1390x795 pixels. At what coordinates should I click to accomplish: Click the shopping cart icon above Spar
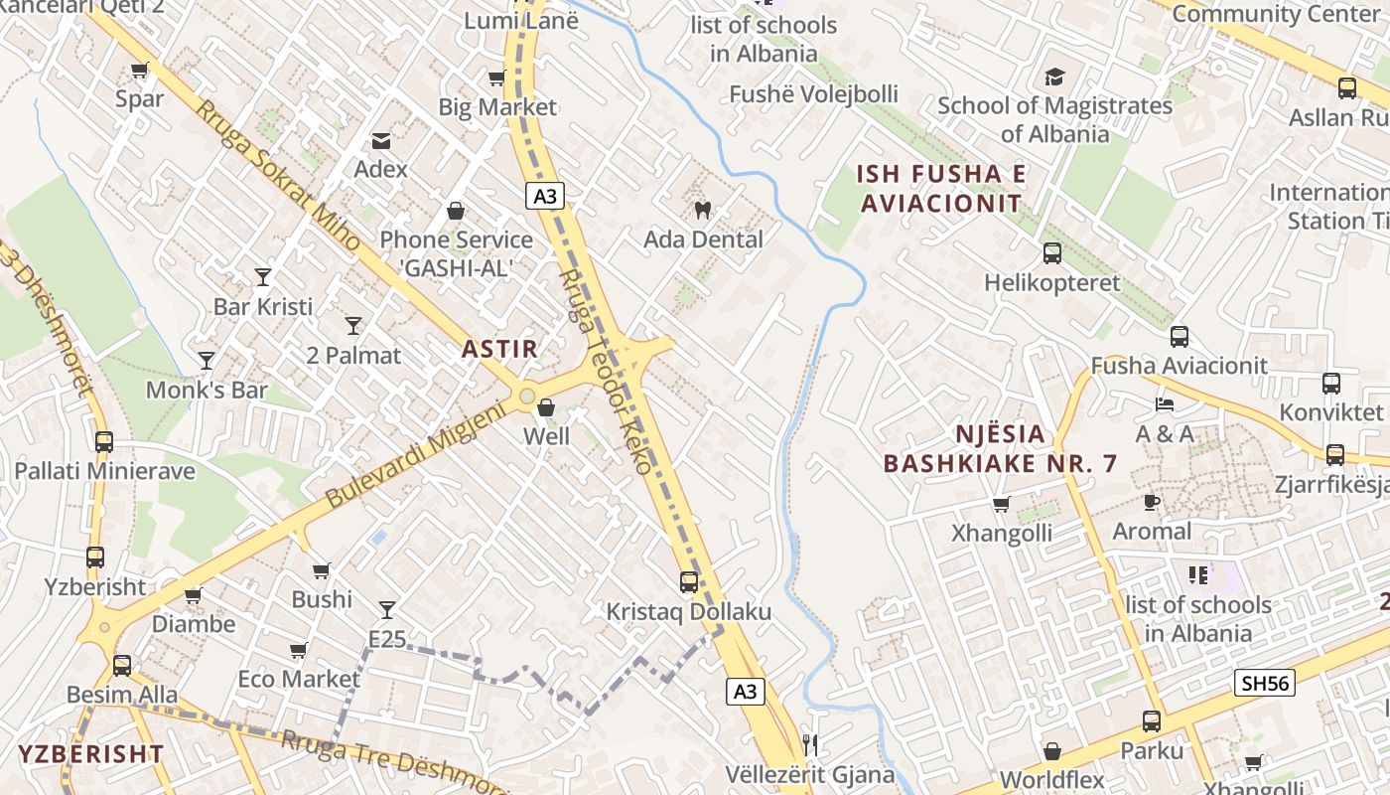coord(139,71)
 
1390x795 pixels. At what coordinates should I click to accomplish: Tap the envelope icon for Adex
coord(381,140)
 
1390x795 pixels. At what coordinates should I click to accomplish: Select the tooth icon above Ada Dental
coord(703,210)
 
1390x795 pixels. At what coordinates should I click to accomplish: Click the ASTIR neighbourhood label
coord(499,349)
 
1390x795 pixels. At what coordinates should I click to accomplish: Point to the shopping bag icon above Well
coord(546,407)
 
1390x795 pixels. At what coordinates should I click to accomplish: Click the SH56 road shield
coord(1265,683)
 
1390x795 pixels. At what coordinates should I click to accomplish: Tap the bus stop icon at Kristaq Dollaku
coord(689,582)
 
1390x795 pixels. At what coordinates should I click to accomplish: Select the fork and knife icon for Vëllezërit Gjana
coord(810,744)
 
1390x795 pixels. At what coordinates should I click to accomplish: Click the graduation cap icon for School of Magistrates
coord(1054,77)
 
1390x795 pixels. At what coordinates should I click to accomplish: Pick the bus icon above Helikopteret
coord(1052,253)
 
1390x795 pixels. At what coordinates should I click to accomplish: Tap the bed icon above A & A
coord(1165,404)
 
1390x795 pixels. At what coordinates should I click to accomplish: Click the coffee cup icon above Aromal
coord(1152,502)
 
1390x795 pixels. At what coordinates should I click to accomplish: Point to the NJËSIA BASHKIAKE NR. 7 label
coord(1000,448)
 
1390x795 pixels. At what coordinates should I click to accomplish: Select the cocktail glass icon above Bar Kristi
coord(263,277)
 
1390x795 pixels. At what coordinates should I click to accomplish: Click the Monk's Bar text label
coord(207,390)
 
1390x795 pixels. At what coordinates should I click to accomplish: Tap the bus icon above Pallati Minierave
coord(104,442)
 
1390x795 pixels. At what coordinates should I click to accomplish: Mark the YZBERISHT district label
coord(90,753)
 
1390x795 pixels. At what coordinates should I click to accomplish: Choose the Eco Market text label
coord(299,679)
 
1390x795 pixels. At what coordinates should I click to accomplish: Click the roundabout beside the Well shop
coord(527,397)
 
